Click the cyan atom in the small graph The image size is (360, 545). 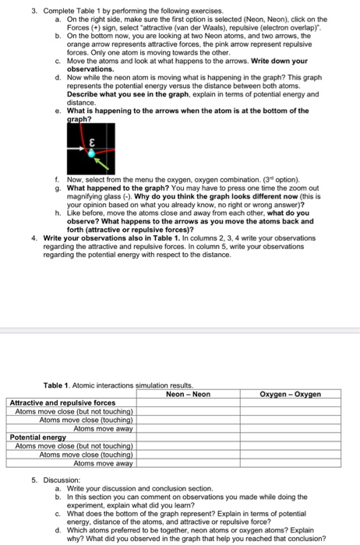(91, 154)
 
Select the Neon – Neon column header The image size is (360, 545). (188, 394)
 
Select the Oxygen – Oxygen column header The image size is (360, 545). (290, 394)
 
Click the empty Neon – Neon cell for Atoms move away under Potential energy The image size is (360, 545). (188, 462)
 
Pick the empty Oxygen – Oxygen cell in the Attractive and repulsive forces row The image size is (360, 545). (290, 403)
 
